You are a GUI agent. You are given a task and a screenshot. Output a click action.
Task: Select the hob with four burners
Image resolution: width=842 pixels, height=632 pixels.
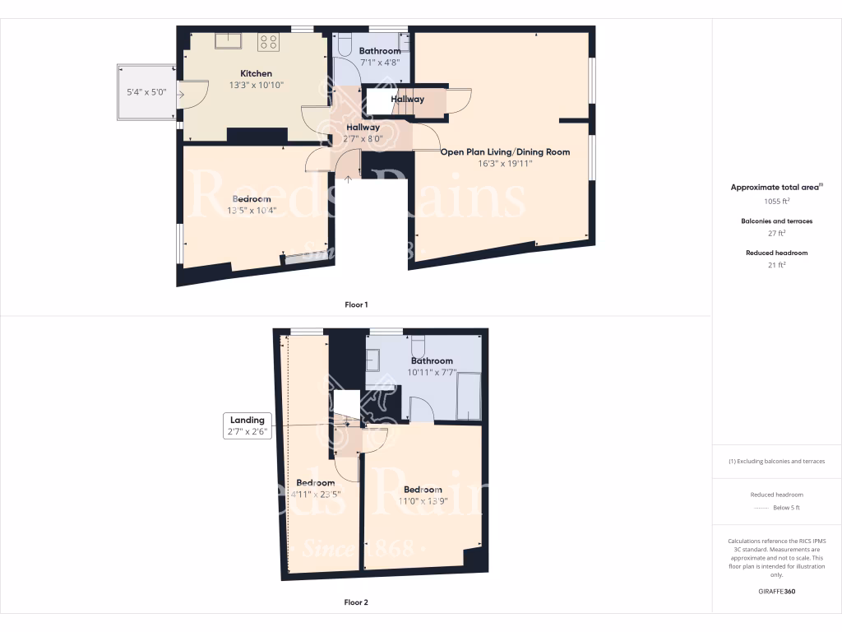tap(268, 41)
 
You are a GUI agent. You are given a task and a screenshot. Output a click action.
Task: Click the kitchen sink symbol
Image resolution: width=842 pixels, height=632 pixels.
tap(227, 40)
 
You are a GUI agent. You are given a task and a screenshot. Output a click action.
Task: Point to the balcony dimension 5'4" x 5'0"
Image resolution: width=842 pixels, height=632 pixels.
tap(146, 92)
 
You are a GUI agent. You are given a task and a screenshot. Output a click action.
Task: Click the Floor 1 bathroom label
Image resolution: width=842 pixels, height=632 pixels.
tap(380, 51)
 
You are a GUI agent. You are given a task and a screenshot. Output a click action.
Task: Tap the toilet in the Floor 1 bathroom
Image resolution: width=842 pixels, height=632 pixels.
tap(345, 44)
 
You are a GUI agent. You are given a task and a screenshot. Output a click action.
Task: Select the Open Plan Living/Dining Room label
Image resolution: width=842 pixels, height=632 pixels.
tap(505, 152)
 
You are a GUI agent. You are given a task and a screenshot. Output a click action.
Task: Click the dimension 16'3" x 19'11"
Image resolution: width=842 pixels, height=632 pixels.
tap(505, 164)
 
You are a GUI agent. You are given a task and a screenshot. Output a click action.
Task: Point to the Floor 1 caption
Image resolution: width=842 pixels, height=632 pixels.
tap(356, 304)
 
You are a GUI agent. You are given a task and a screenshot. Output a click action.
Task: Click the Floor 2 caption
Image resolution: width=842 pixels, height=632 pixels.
tap(356, 602)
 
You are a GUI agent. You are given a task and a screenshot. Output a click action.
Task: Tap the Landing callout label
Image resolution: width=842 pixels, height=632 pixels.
tap(247, 420)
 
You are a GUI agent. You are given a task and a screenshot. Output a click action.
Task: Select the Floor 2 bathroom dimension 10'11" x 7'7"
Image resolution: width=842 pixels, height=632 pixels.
tap(431, 372)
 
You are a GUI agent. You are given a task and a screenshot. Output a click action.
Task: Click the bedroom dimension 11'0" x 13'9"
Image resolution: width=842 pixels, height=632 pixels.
tap(423, 501)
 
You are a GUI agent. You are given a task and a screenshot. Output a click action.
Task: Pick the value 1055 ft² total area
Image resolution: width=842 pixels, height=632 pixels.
tap(776, 201)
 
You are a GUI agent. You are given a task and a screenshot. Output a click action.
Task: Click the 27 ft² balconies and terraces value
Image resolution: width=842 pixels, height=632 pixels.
tap(776, 233)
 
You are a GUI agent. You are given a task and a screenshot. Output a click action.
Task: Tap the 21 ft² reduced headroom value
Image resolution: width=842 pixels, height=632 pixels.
tap(776, 265)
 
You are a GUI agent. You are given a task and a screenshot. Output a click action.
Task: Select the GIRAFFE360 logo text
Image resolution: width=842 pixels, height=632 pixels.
tap(776, 591)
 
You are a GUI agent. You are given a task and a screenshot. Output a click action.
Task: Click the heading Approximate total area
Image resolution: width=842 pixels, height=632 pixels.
tap(775, 188)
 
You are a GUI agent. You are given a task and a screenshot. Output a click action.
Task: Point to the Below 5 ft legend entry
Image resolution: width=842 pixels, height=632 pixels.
tap(784, 508)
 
